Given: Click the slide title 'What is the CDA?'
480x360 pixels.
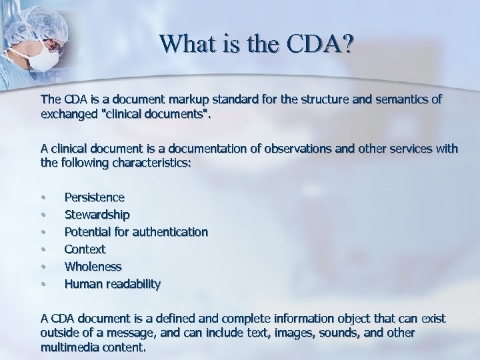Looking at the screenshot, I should tap(257, 45).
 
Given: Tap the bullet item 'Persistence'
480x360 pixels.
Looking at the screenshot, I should tap(94, 197).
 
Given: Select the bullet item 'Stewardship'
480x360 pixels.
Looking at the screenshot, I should tap(97, 215).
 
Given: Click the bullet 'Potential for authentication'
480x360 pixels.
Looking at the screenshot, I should tap(136, 232).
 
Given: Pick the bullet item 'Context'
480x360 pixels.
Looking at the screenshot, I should tap(85, 249).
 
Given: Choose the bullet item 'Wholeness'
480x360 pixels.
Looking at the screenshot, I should tap(93, 267).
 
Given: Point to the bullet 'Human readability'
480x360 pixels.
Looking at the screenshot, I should tap(112, 284).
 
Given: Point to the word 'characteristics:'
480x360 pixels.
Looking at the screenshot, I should tap(149, 163).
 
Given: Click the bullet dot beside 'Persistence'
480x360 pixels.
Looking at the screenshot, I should tap(43, 198).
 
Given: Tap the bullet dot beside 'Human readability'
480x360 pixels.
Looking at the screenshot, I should tap(43, 285).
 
